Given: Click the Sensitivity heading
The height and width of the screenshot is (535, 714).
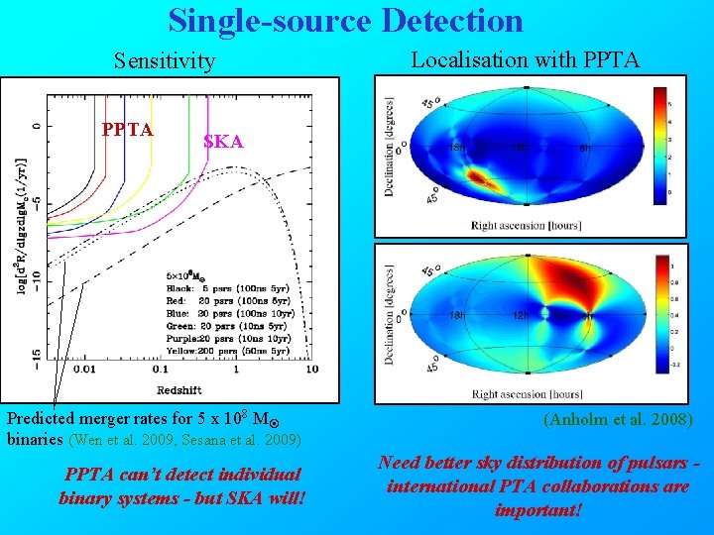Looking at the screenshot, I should tap(164, 61).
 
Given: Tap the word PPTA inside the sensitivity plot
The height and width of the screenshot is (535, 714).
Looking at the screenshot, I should tap(128, 130).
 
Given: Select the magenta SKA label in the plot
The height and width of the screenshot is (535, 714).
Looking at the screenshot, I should tap(222, 142).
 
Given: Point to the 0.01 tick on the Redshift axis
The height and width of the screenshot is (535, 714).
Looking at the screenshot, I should tap(82, 370).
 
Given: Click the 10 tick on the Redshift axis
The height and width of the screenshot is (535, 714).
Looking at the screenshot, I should tap(311, 370).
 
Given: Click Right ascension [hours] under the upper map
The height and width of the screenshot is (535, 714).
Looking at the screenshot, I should tap(527, 225).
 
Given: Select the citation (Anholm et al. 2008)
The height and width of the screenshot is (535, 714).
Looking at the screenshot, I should tap(619, 420).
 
